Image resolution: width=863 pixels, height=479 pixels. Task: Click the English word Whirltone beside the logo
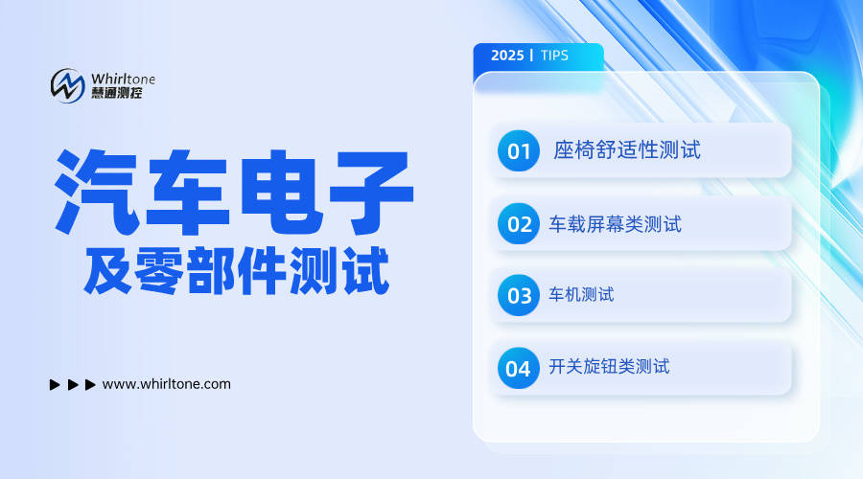pos(123,78)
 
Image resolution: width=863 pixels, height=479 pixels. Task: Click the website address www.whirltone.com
pos(166,384)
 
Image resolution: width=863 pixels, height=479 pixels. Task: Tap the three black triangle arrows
pos(72,385)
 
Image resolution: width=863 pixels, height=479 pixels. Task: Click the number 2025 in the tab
pos(507,56)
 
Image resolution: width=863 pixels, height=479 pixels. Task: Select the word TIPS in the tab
pos(554,56)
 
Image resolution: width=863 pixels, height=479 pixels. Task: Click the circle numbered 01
pos(519,151)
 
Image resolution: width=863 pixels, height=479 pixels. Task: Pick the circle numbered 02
pos(519,225)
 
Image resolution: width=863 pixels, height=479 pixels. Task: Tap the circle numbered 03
pos(519,295)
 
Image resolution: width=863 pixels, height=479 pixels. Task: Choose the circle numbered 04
pos(518,368)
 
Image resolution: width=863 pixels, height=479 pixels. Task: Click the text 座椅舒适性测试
pos(627,150)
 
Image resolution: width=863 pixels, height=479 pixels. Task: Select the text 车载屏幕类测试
pos(615,224)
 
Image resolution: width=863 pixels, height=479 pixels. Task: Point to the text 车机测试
pos(581,295)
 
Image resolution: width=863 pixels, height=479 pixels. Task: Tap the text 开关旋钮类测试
pos(609,367)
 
